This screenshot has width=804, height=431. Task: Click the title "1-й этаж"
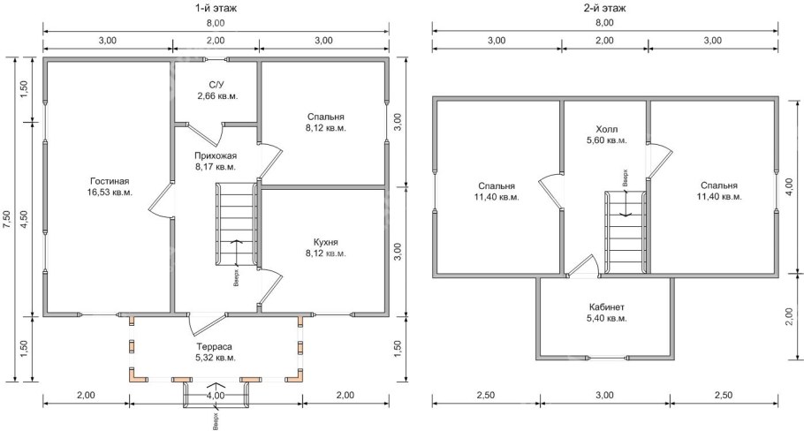(x=216, y=8)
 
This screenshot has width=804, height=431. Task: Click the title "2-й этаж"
(x=605, y=8)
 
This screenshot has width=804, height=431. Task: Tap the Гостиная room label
(x=110, y=181)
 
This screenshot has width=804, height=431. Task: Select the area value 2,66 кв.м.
(x=216, y=96)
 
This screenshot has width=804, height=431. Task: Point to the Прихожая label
(x=216, y=155)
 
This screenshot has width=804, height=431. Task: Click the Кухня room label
(x=326, y=242)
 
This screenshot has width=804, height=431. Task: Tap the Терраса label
(x=216, y=346)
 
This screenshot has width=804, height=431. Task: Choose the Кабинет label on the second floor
(x=607, y=307)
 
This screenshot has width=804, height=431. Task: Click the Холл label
(x=607, y=129)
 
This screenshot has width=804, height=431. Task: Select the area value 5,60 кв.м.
(x=607, y=140)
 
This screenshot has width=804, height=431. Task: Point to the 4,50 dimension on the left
(x=25, y=219)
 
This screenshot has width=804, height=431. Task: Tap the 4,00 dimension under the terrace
(x=216, y=395)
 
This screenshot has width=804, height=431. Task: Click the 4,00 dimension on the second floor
(x=789, y=187)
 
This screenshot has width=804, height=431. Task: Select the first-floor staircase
(x=236, y=224)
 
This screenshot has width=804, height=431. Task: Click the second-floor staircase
(x=625, y=231)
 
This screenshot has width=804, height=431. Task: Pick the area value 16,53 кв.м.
(x=110, y=193)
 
